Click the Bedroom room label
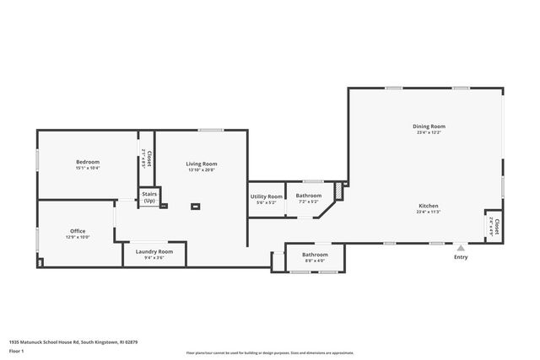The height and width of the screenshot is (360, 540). (88, 162)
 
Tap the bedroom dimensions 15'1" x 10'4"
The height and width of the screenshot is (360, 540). (88, 169)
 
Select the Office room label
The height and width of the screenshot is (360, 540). (78, 231)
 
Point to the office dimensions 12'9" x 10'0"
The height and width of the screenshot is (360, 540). (78, 238)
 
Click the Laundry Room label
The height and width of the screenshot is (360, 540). (154, 251)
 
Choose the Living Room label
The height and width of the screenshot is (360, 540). (202, 164)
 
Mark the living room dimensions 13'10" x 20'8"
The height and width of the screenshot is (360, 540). (202, 170)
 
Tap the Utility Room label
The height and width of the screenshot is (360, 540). (267, 196)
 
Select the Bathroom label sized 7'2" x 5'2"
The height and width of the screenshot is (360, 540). (309, 196)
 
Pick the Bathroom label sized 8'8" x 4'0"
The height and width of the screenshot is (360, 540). (316, 254)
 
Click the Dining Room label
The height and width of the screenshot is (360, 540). (429, 126)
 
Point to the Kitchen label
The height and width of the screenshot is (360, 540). (429, 206)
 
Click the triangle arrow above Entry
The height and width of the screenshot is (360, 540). (461, 249)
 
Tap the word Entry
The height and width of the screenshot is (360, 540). (461, 257)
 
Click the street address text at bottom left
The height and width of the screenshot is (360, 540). (73, 342)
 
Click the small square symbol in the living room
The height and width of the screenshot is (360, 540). (197, 205)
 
